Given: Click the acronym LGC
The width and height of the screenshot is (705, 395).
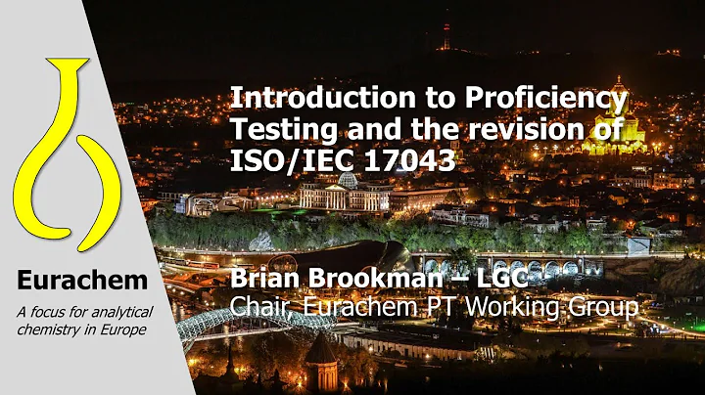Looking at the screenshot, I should pyautogui.click(x=510, y=281).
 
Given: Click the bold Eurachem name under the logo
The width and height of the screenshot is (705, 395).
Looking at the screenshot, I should pyautogui.click(x=81, y=281).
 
